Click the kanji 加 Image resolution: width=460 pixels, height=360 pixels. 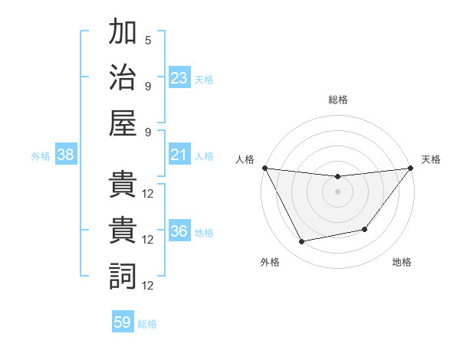123,33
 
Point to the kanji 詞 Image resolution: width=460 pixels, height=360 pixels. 123,275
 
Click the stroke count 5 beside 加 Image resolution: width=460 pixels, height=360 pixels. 148,41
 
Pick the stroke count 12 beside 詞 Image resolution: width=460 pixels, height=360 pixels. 148,285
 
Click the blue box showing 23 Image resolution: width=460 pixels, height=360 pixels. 179,78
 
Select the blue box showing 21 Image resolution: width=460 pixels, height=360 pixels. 179,155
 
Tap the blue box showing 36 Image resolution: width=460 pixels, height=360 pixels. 179,232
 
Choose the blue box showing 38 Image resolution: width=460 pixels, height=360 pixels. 66,155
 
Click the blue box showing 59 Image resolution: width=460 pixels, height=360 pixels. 123,323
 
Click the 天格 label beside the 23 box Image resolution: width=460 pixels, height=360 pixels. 204,80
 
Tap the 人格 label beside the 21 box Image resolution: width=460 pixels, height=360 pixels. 204,156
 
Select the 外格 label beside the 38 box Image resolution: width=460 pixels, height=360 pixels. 41,156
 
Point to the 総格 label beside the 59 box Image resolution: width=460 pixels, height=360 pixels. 148,324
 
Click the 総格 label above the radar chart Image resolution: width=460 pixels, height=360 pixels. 337,100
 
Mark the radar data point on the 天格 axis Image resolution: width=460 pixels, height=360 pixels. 411,168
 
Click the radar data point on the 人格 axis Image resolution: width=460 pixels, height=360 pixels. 264,168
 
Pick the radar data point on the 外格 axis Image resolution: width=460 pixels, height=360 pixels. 302,242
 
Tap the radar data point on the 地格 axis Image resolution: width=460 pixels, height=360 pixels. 365,229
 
